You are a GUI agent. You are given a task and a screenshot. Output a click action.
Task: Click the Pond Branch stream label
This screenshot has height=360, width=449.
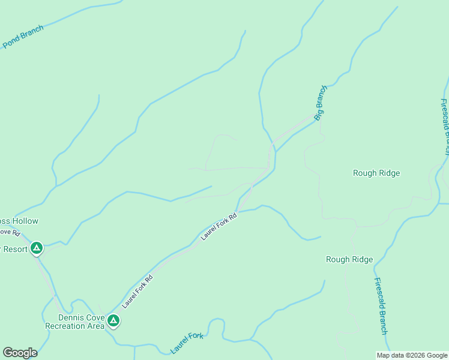[23, 37]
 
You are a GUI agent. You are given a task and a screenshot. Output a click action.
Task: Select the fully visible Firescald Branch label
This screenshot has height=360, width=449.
[381, 306]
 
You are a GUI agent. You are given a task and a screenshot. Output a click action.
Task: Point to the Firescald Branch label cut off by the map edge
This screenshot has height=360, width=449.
[445, 127]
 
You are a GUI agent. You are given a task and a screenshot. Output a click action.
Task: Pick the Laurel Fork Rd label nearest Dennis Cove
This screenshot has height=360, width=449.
[137, 292]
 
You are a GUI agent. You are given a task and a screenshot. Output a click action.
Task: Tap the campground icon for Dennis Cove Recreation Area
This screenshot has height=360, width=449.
[113, 321]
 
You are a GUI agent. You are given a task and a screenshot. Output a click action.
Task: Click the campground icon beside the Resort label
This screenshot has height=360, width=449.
[37, 248]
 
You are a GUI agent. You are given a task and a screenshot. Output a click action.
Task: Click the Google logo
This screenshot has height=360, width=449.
[20, 353]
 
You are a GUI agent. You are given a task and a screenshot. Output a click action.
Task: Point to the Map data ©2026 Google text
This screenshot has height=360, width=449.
[412, 355]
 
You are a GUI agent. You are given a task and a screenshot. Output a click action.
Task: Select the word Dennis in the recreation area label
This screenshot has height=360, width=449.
[70, 317]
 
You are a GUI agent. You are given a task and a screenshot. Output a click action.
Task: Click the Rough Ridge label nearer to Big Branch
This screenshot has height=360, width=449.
[376, 173]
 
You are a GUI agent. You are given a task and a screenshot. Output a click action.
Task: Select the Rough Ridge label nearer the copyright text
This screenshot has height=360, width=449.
[349, 260]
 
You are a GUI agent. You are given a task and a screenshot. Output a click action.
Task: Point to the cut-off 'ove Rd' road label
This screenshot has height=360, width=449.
[10, 232]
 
